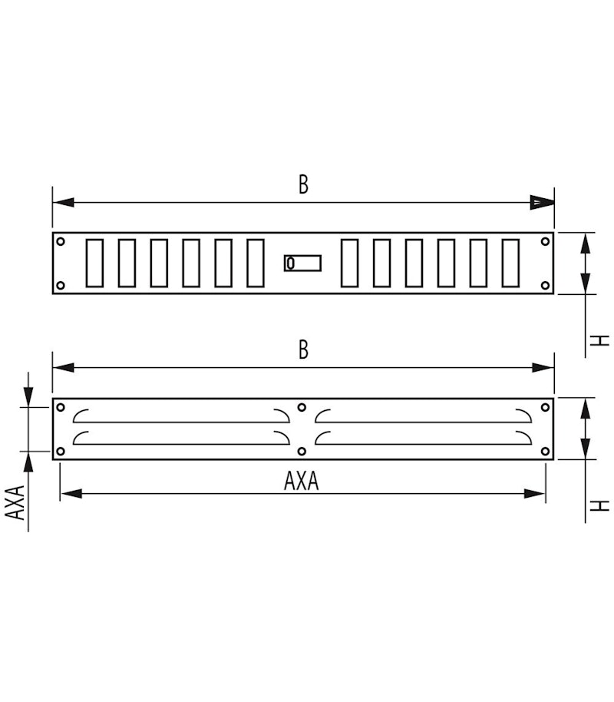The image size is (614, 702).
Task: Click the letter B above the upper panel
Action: click(x=303, y=184)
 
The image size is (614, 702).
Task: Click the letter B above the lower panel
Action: click(x=303, y=349)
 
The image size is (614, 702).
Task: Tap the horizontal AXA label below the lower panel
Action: click(x=301, y=481)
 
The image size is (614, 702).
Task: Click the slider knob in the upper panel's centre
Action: click(x=290, y=263)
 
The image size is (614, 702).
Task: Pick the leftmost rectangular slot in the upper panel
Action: click(x=95, y=263)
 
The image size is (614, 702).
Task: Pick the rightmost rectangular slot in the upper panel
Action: click(x=510, y=263)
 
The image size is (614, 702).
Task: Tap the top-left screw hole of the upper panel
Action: click(x=61, y=241)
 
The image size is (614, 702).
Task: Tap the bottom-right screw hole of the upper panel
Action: click(x=545, y=286)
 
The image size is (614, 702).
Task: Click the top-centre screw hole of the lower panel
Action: click(x=302, y=407)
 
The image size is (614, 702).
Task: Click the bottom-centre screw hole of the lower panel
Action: click(x=302, y=451)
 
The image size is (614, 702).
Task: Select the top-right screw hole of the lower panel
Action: click(x=545, y=407)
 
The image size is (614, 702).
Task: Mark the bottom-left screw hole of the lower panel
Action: click(x=61, y=451)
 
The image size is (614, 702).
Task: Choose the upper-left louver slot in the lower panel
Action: click(x=180, y=416)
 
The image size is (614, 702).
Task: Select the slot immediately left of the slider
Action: click(x=256, y=263)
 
